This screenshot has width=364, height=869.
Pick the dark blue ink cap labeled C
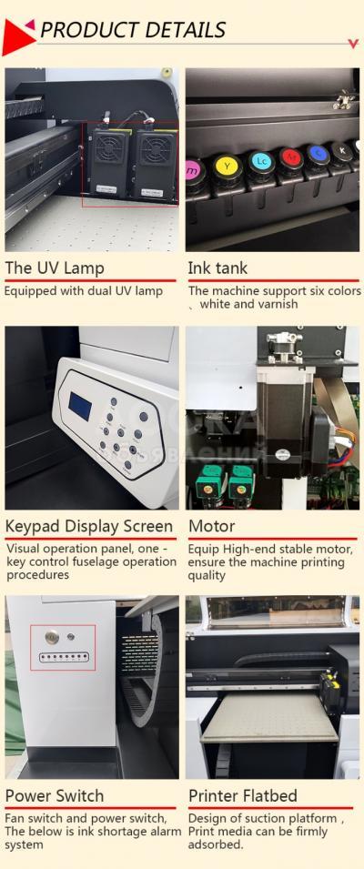point(317,154)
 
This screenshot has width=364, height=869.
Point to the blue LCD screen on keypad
point(80,405)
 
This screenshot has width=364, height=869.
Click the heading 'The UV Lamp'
point(55,268)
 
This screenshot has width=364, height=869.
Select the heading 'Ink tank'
point(217,268)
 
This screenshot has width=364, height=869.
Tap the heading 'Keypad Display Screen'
point(89,527)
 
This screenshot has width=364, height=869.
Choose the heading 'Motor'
point(212,526)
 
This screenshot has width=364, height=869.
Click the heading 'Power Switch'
point(55,796)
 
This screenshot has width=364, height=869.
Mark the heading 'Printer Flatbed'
point(243,796)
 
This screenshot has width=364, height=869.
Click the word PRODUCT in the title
point(82,29)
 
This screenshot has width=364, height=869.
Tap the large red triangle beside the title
point(15,36)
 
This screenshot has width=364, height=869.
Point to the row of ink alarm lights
point(64,658)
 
